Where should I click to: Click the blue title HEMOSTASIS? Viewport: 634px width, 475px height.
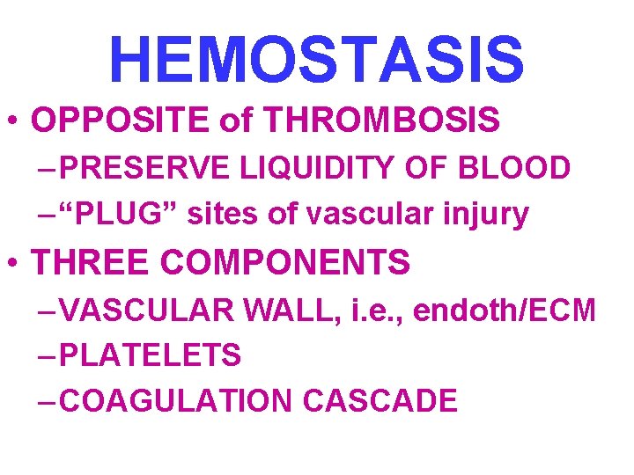click(317, 58)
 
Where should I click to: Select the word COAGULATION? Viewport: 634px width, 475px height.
click(177, 401)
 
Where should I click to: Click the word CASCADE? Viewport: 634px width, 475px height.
click(380, 401)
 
